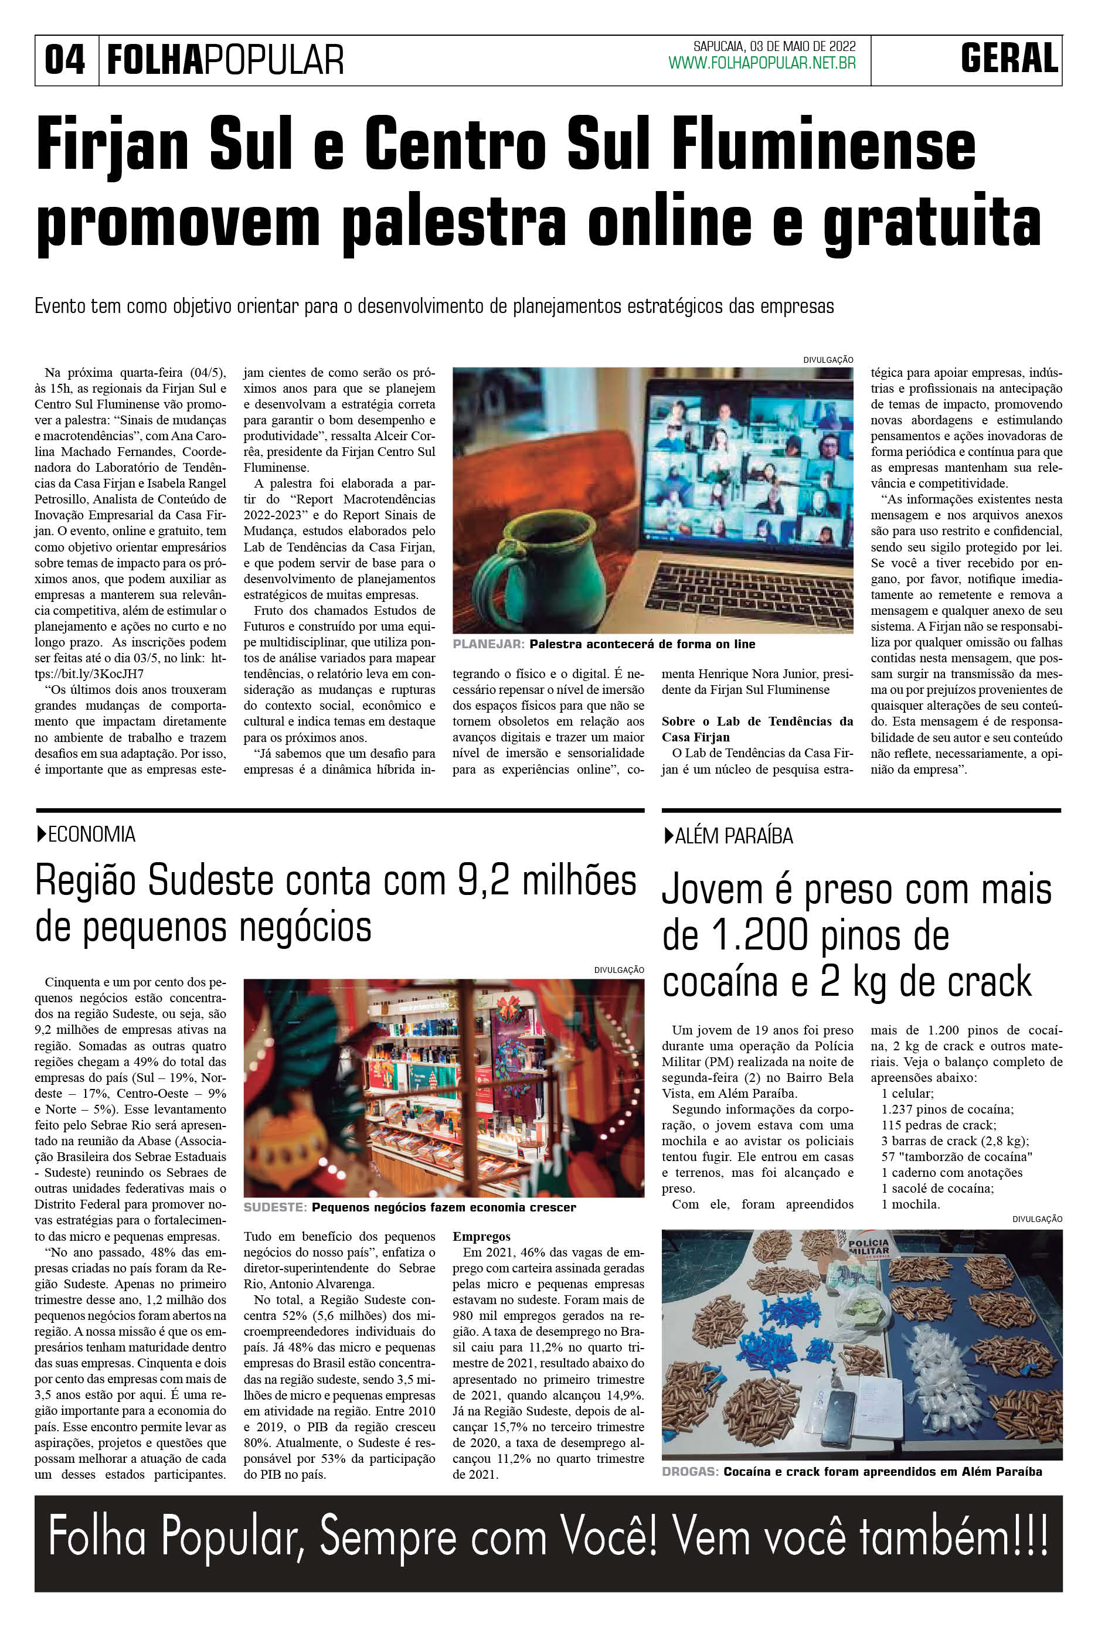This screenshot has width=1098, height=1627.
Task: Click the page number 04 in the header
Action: (64, 60)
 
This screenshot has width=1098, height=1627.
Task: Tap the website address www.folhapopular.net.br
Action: (762, 64)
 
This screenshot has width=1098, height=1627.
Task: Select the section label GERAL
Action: (1008, 58)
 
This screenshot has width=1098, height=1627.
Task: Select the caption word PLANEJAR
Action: (488, 644)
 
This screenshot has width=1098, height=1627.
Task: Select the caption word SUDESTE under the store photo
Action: (274, 1207)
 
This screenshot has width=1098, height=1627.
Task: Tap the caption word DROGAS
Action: (690, 1466)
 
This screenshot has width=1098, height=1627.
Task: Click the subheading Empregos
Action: (481, 1236)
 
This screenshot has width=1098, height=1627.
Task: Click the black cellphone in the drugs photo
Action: (838, 1417)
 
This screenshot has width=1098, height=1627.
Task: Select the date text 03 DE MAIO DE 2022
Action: (803, 46)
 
